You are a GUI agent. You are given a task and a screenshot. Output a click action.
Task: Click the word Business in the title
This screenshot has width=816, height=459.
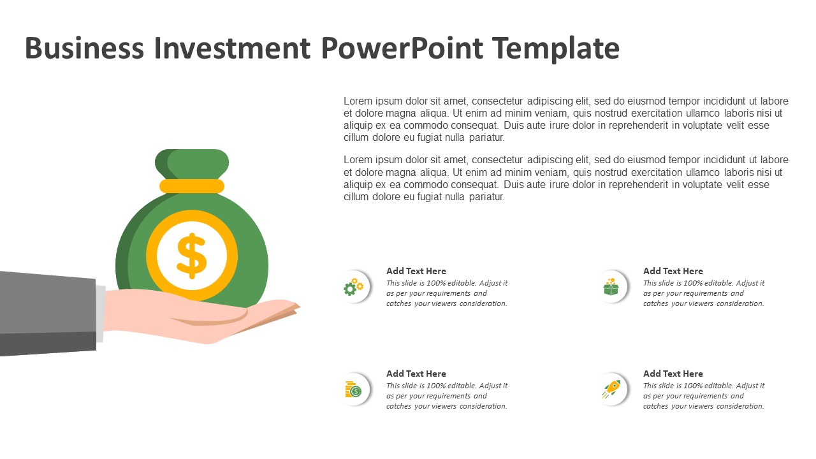coord(84,48)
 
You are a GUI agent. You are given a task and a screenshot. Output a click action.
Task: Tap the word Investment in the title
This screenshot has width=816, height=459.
coord(232,48)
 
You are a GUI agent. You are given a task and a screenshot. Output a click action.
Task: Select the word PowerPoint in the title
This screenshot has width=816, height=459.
coord(402,48)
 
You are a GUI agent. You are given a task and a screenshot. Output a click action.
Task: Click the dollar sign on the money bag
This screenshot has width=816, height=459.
coord(192,256)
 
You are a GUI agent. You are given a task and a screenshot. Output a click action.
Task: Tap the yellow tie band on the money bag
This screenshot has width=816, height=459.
coord(192,186)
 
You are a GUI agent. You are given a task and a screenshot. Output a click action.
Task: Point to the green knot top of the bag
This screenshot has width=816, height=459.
coord(192,164)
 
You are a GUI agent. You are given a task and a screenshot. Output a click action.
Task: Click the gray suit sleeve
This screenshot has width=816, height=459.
coord(47,313)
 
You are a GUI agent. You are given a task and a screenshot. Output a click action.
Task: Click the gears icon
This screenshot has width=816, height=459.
coord(353,287)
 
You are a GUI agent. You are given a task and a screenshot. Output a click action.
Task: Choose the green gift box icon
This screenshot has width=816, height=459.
coord(611,287)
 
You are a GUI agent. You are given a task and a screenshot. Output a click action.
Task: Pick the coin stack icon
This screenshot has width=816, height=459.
coord(353,389)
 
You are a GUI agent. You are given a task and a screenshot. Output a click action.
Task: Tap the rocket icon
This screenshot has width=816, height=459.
coord(611,389)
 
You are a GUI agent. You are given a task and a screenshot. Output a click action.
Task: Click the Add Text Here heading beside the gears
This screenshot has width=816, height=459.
coord(416,271)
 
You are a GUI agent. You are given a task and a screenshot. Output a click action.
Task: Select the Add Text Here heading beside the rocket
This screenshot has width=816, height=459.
coord(673,374)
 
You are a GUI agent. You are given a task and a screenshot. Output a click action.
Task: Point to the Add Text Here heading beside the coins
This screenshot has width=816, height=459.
coord(416,374)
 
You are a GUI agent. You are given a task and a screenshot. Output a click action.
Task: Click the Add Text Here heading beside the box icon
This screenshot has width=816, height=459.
coord(673,271)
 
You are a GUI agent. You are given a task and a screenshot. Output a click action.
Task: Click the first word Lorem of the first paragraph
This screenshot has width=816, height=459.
coord(358,101)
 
